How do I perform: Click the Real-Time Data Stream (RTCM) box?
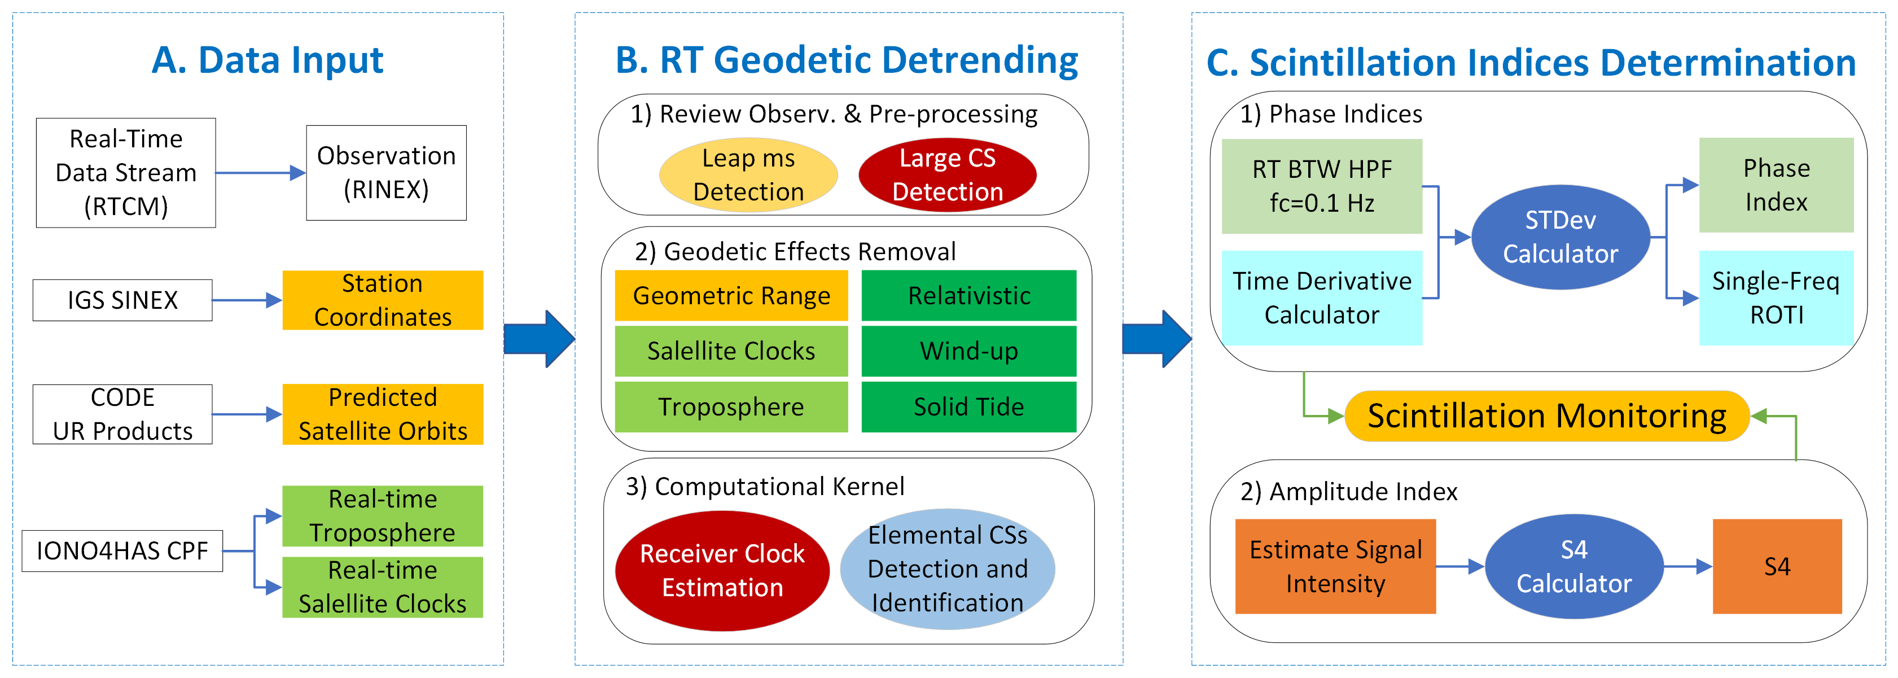click(x=126, y=172)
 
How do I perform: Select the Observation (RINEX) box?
click(x=386, y=172)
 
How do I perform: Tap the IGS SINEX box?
click(x=122, y=300)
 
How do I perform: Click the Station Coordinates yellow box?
click(x=383, y=300)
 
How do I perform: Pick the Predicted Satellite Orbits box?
click(x=383, y=414)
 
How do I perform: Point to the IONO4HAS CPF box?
click(x=122, y=550)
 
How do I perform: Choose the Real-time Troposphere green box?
click(x=383, y=516)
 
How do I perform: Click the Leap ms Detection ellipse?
click(x=748, y=174)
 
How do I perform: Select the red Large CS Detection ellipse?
click(x=948, y=174)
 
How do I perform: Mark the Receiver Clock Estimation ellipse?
click(x=722, y=570)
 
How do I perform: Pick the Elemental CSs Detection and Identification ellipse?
click(x=948, y=569)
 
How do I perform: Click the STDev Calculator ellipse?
click(x=1560, y=237)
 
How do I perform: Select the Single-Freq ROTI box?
click(x=1776, y=298)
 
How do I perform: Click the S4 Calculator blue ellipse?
click(x=1574, y=566)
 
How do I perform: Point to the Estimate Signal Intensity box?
click(x=1335, y=566)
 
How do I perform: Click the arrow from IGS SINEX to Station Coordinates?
click(x=247, y=300)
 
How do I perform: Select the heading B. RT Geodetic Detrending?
click(x=847, y=60)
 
